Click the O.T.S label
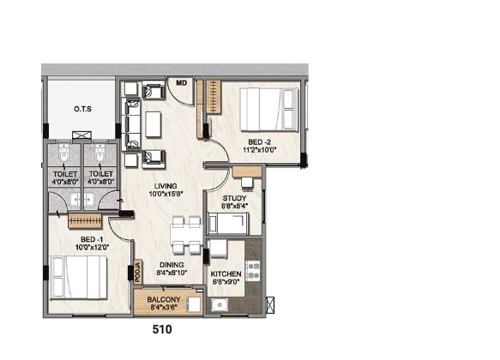click(82, 109)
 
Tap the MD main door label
click(182, 83)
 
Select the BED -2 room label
click(259, 142)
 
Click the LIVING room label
click(166, 186)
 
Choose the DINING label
click(172, 265)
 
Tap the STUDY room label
click(234, 198)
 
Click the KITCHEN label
click(226, 274)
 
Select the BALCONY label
click(164, 299)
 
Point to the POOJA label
click(138, 272)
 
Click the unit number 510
click(162, 329)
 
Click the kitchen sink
click(220, 305)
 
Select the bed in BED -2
click(269, 109)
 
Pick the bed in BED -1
click(78, 277)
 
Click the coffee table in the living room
click(154, 124)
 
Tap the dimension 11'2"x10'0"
click(259, 149)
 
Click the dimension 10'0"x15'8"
click(166, 194)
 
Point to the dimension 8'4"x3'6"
click(164, 308)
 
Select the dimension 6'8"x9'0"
click(226, 282)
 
